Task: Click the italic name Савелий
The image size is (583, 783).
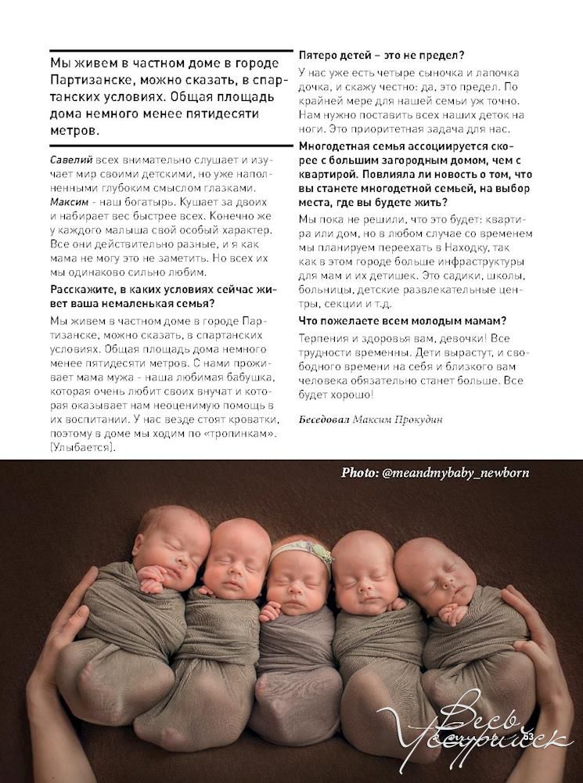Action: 69,160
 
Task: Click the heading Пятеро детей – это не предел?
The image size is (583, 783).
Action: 382,56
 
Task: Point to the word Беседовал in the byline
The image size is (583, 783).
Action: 324,419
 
